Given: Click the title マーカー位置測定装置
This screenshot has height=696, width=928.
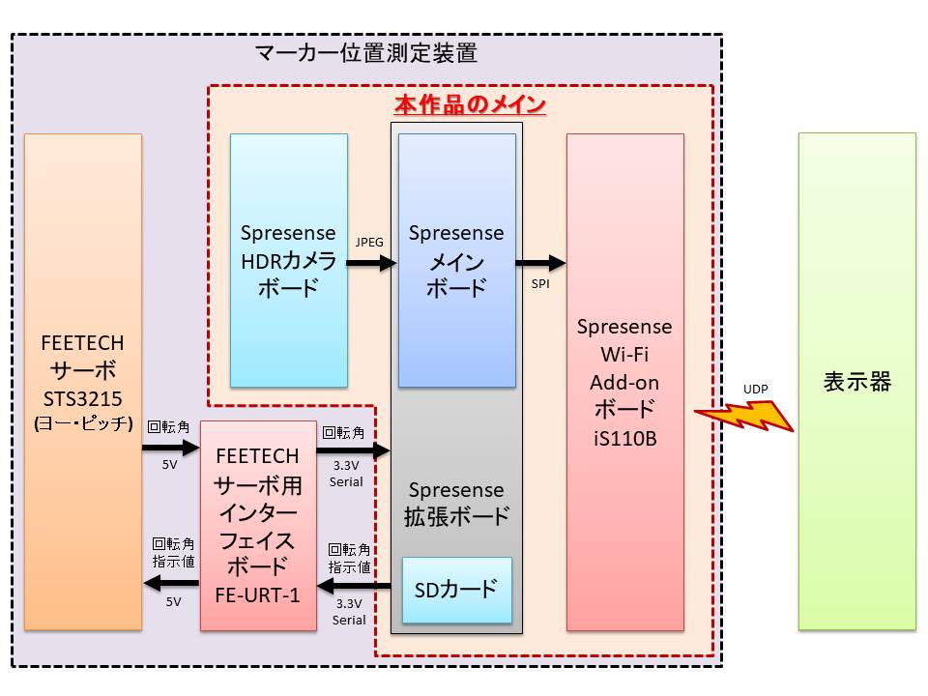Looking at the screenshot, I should coord(366,53).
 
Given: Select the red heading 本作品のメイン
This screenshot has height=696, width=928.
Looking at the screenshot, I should coord(470,104).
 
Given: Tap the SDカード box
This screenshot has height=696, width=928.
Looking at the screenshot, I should coord(456,589).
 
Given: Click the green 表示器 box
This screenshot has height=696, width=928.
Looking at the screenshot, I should coord(856,382).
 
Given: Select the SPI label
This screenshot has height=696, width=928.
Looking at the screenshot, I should coord(541,285).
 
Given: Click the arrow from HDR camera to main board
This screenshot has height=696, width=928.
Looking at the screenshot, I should coord(372,262).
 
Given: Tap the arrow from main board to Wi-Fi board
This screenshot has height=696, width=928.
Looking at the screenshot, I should coord(540,262).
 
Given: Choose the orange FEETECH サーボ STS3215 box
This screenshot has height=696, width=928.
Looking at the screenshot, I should coord(83,382).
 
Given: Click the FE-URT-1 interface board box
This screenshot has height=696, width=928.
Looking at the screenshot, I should coord(258,525).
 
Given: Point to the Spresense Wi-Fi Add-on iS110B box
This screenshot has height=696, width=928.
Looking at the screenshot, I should coord(624,382).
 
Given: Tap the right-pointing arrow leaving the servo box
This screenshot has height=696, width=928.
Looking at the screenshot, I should coord(170,449).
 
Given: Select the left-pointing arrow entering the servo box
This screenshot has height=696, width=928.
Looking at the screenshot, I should coord(171,582).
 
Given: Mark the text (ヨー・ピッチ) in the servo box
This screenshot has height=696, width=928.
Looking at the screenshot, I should coord(83,422).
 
